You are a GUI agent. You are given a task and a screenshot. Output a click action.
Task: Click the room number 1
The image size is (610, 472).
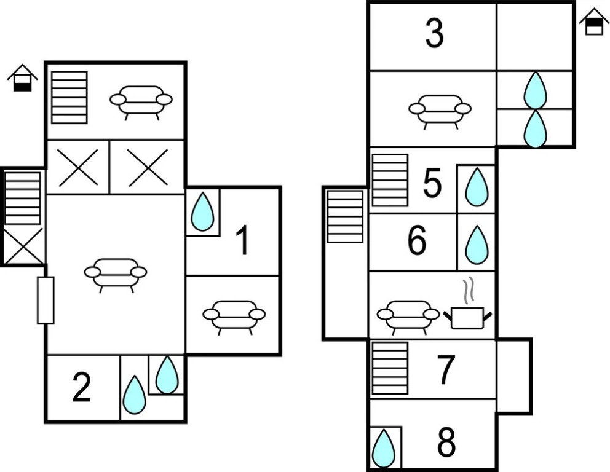(x=243, y=240)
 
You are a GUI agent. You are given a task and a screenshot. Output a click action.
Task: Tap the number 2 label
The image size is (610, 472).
(x=82, y=387)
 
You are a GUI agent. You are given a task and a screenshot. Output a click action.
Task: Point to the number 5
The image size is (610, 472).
(x=432, y=183)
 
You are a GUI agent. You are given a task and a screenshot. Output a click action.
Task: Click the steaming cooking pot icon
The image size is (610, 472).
(x=468, y=307)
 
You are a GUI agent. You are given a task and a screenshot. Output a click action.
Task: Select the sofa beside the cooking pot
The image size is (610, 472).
(x=408, y=317)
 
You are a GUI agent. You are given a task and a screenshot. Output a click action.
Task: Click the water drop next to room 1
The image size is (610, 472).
(x=202, y=211)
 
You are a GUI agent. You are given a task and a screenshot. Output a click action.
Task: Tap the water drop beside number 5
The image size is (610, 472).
(x=477, y=187)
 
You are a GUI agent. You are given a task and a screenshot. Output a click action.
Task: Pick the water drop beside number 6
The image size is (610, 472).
(x=477, y=245)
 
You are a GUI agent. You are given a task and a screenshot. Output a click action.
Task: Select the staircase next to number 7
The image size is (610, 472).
(x=390, y=368)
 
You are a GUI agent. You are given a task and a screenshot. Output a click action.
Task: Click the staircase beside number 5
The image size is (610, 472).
(x=390, y=180)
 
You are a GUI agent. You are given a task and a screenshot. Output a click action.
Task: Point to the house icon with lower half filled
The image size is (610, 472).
(x=23, y=78)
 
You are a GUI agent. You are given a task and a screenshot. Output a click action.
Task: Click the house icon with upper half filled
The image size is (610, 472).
(x=594, y=22)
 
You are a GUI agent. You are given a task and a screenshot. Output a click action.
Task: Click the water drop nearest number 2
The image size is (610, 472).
(x=134, y=394)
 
